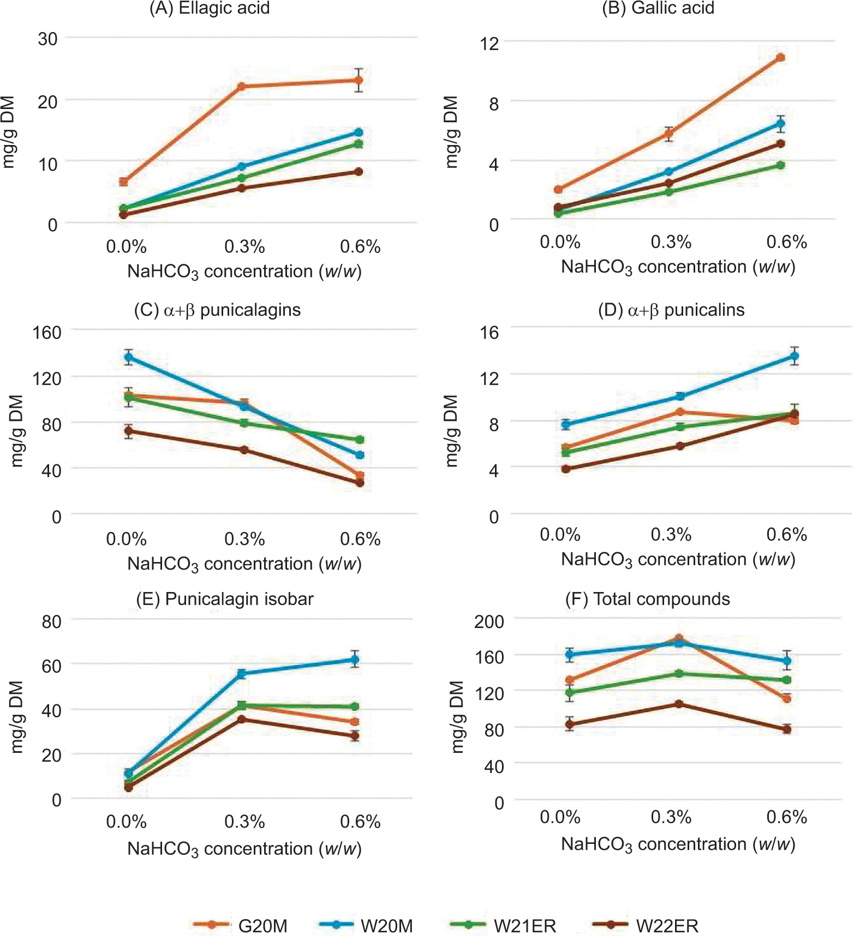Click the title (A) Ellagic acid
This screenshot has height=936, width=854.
pyautogui.click(x=210, y=8)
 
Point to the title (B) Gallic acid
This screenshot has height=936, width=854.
pyautogui.click(x=658, y=8)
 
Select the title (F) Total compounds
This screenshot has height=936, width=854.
pyautogui.click(x=648, y=599)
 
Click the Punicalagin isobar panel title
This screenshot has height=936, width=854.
pyautogui.click(x=225, y=599)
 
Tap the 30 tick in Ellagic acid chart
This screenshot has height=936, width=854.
pyautogui.click(x=47, y=39)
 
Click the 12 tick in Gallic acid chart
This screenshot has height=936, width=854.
pyautogui.click(x=489, y=43)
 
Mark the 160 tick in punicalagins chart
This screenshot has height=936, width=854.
pyautogui.click(x=47, y=331)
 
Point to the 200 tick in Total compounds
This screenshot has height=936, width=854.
pyautogui.click(x=489, y=621)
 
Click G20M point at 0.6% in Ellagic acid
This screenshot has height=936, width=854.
pyautogui.click(x=359, y=81)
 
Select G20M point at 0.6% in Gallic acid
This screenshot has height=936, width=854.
pyautogui.click(x=780, y=57)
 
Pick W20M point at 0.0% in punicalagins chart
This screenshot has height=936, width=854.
pyautogui.click(x=129, y=358)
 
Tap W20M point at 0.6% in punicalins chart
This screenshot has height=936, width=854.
pyautogui.click(x=795, y=356)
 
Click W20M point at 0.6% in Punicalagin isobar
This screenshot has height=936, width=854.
pyautogui.click(x=355, y=660)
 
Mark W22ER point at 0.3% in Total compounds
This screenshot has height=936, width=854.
pyautogui.click(x=679, y=704)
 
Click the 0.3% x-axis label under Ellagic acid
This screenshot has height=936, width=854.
pyautogui.click(x=244, y=246)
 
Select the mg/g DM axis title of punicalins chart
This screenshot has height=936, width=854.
pyautogui.click(x=451, y=431)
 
